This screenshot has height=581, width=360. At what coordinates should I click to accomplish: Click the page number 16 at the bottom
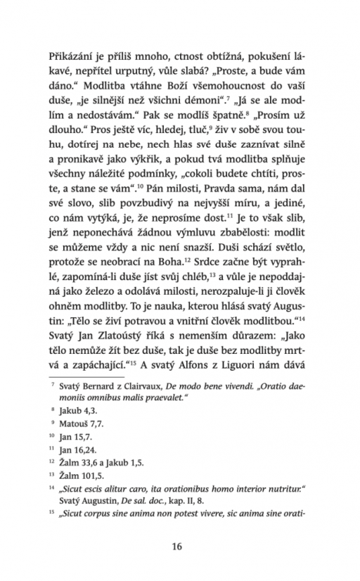pos(180,545)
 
